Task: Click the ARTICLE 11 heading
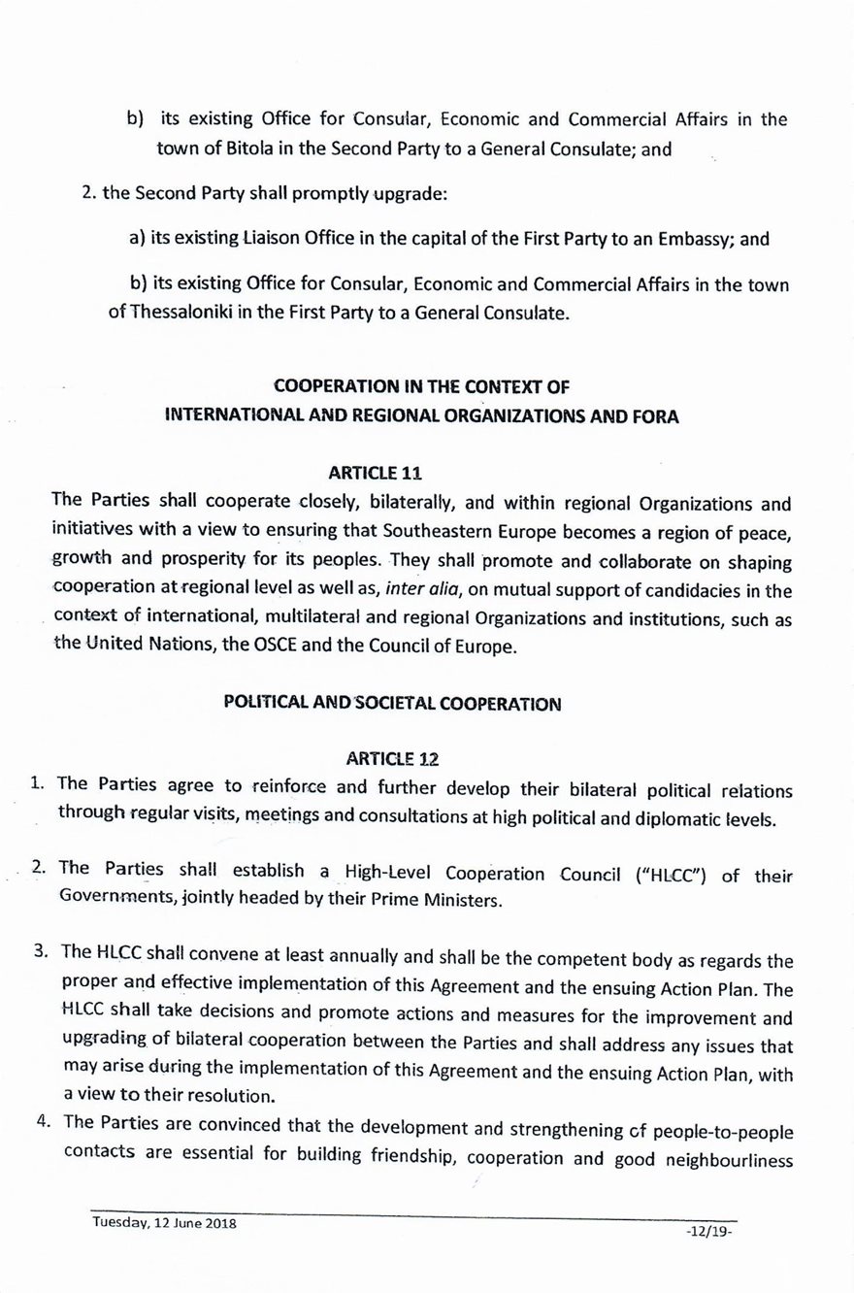376,473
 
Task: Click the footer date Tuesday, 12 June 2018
164,1223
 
